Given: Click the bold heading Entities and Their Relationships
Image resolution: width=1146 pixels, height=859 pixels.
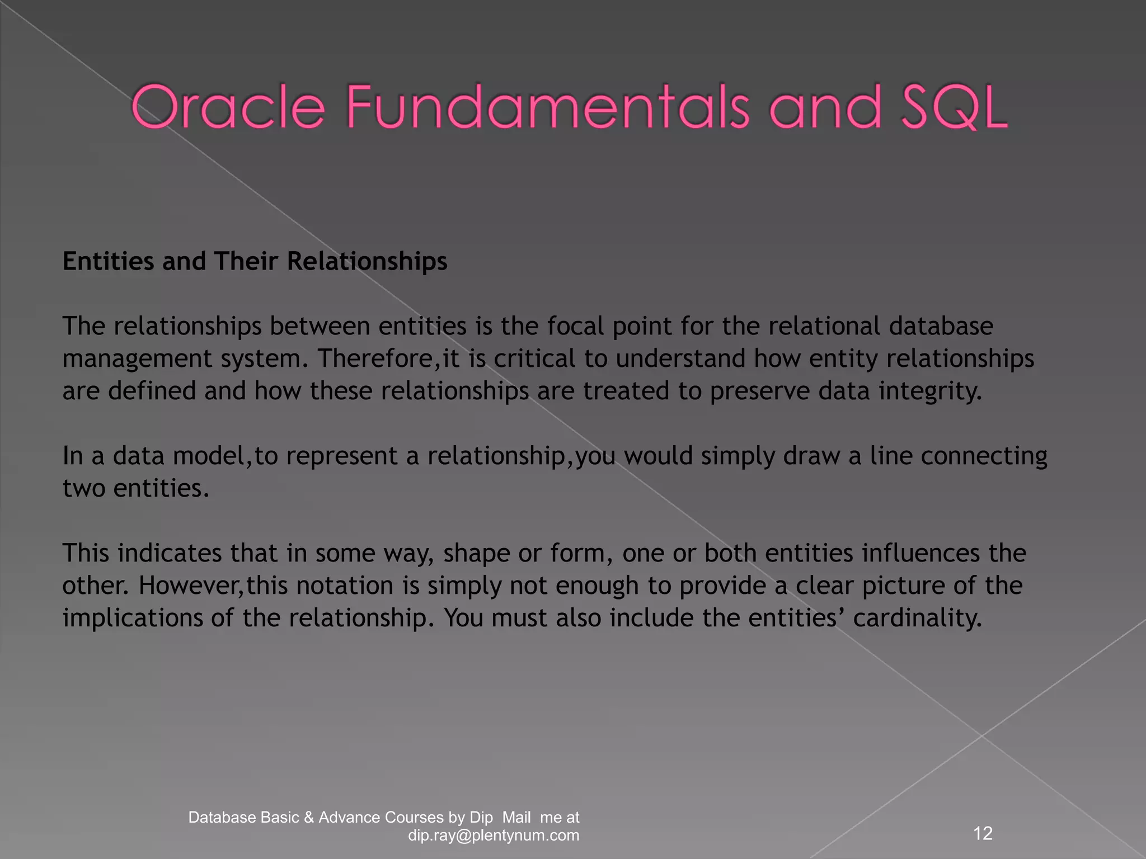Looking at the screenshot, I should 255,261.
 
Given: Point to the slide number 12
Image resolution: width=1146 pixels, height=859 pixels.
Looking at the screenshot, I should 983,833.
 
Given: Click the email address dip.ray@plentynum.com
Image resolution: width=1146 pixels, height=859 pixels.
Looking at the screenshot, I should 494,836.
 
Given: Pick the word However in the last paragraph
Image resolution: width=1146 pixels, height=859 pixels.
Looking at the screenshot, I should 190,586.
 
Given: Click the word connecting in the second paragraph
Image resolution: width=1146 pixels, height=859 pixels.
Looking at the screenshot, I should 984,456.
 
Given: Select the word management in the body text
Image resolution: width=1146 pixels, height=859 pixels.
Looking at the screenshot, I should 137,358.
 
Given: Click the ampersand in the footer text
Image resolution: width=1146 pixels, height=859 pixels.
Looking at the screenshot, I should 309,818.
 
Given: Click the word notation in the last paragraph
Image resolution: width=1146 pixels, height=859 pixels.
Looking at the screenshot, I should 345,586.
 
